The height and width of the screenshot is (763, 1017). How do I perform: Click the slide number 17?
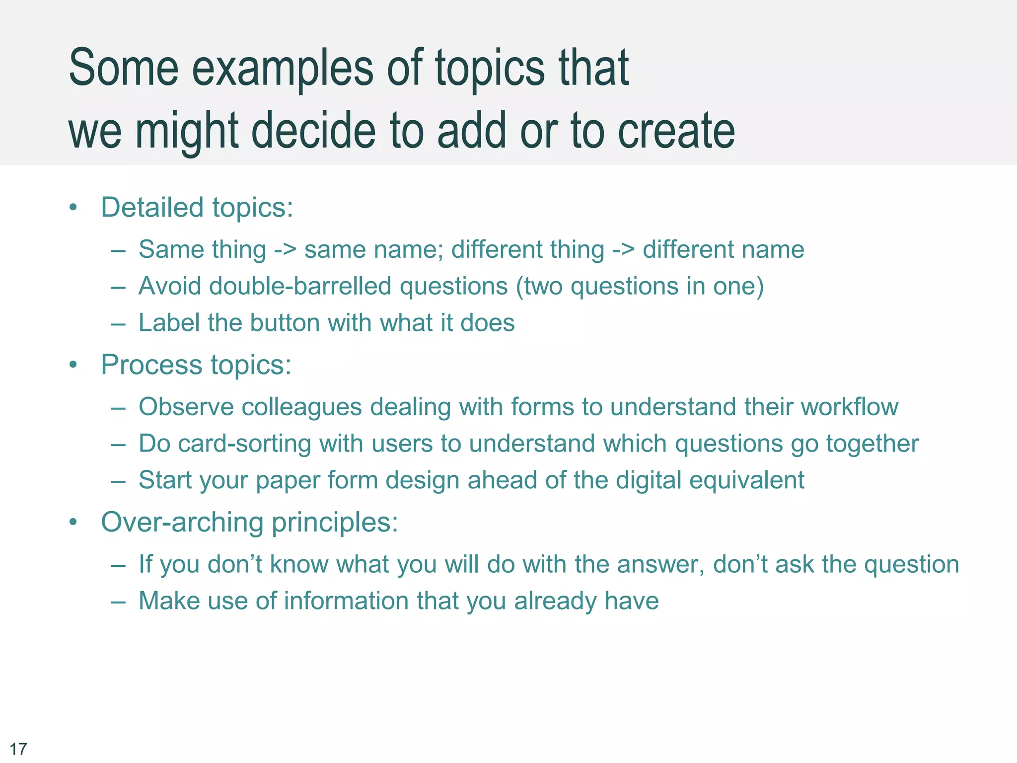[x=18, y=749]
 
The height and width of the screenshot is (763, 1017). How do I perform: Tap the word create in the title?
[x=676, y=131]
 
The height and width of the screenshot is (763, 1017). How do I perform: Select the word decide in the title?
[x=314, y=131]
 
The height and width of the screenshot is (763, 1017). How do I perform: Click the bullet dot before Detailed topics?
[x=73, y=208]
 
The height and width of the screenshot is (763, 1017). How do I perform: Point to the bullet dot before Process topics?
[x=73, y=365]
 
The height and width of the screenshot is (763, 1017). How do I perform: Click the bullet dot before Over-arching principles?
[x=73, y=523]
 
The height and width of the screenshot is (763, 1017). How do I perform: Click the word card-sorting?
[x=244, y=444]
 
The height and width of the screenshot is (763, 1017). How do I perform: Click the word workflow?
[x=850, y=407]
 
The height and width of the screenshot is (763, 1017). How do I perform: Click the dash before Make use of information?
[x=118, y=602]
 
